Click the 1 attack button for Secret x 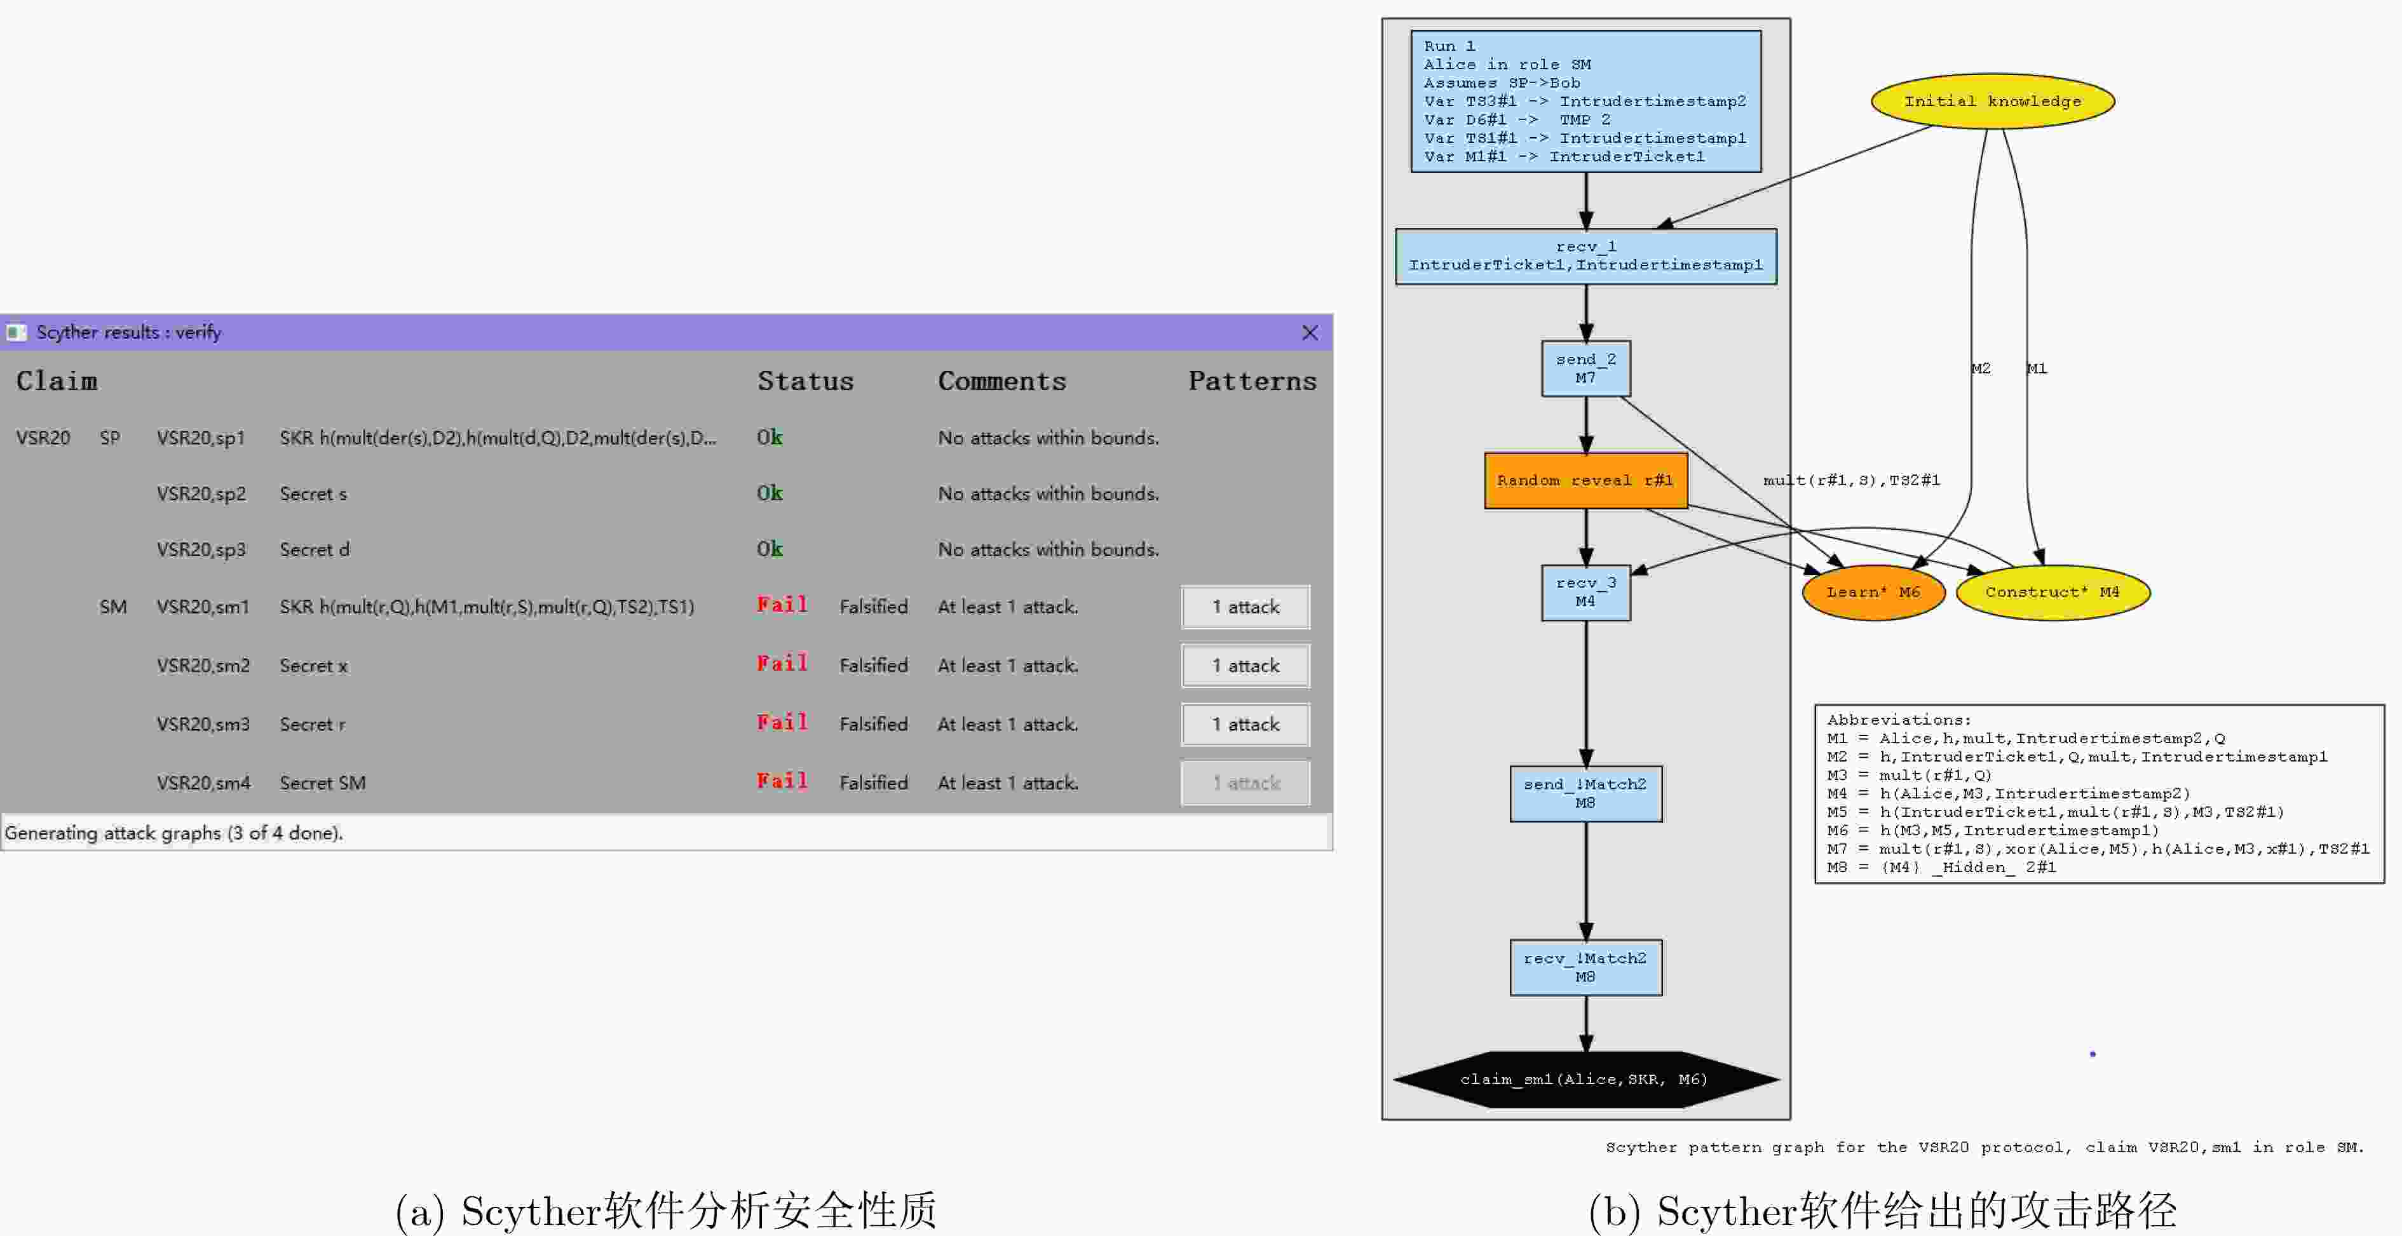click(x=1245, y=666)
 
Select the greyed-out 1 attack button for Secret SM click(x=1245, y=783)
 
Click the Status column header click(x=804, y=381)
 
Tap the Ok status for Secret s click(x=770, y=493)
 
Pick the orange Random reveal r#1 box click(x=1585, y=481)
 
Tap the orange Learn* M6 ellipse click(x=1873, y=592)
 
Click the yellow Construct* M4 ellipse click(x=2053, y=592)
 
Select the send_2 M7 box click(x=1585, y=369)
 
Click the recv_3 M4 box click(x=1585, y=593)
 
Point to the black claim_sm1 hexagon click(x=1585, y=1079)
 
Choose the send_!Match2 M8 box click(x=1585, y=794)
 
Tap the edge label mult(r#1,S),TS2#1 click(x=1851, y=480)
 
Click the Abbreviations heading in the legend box click(x=1899, y=720)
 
